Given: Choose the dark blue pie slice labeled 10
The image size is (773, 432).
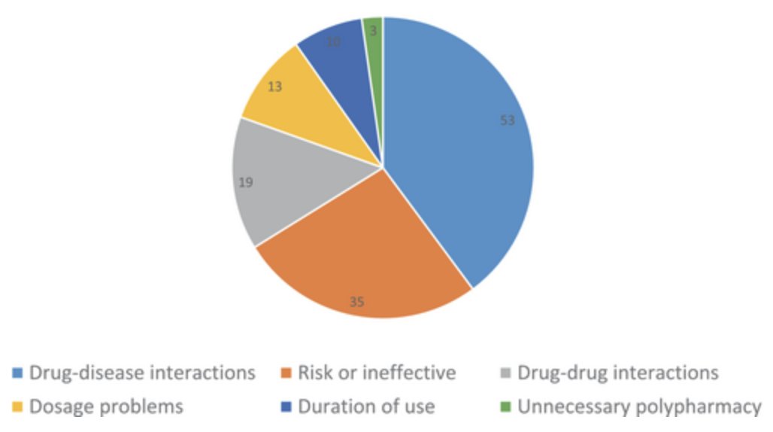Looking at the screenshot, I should [x=342, y=68].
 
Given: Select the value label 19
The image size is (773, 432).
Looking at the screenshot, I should [x=247, y=183].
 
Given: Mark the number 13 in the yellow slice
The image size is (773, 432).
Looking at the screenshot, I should [x=274, y=87].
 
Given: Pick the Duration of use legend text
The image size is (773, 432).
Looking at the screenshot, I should [x=366, y=407].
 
